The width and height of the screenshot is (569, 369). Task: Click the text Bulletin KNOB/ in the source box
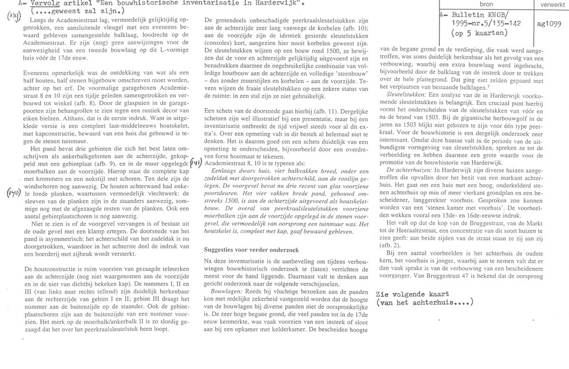[x=476, y=15]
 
